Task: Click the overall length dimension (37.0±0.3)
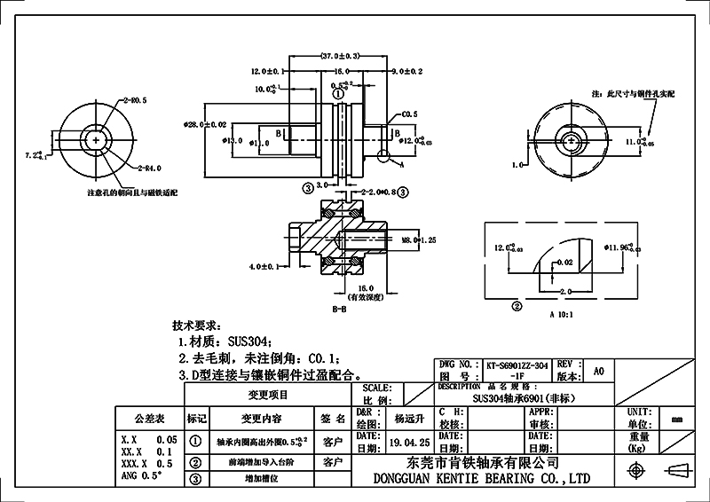(338, 56)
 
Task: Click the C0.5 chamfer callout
(410, 114)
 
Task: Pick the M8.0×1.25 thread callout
(421, 239)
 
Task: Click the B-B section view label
(338, 310)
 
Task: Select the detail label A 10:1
(563, 314)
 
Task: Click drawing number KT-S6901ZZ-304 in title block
(517, 365)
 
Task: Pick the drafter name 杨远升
(410, 416)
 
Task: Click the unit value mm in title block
(677, 420)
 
